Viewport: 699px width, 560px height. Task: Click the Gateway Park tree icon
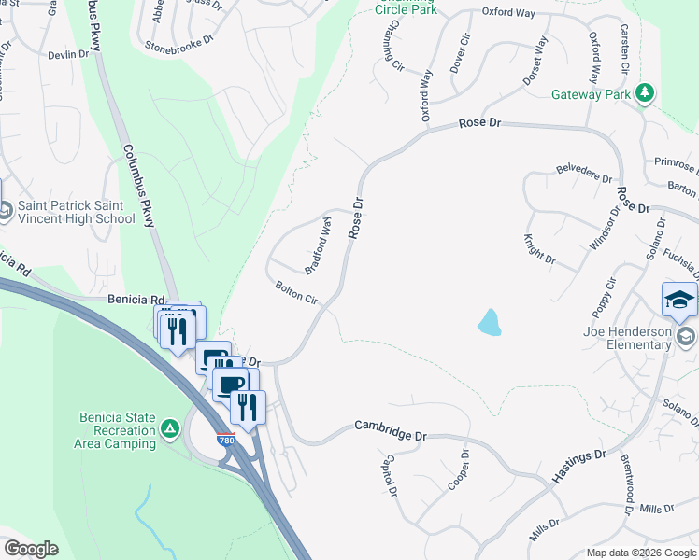click(644, 93)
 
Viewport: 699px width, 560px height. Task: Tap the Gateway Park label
click(591, 94)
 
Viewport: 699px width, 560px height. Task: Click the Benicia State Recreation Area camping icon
click(169, 429)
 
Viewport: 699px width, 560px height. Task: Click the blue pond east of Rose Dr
click(488, 323)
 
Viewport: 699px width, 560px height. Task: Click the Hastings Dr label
click(580, 466)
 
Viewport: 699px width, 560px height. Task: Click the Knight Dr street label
click(539, 248)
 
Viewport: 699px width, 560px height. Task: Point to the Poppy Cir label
click(604, 297)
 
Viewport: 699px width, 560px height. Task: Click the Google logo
click(31, 549)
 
